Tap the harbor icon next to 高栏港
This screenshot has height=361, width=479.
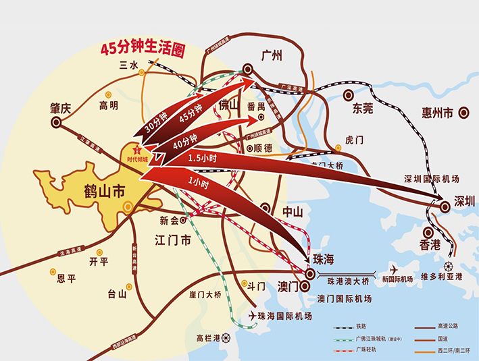click(x=226, y=338)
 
